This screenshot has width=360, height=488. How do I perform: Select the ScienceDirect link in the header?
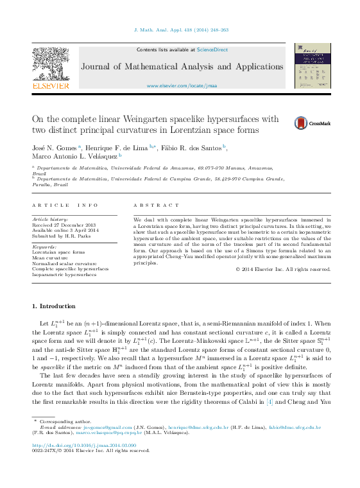[210, 49]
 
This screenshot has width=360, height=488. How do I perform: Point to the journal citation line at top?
[181, 30]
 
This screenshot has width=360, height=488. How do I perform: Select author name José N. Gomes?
[55, 147]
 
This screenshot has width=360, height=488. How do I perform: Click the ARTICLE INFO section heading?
[65, 205]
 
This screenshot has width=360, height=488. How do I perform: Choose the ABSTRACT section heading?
[157, 205]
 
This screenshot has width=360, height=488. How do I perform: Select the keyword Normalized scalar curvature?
[64, 263]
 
